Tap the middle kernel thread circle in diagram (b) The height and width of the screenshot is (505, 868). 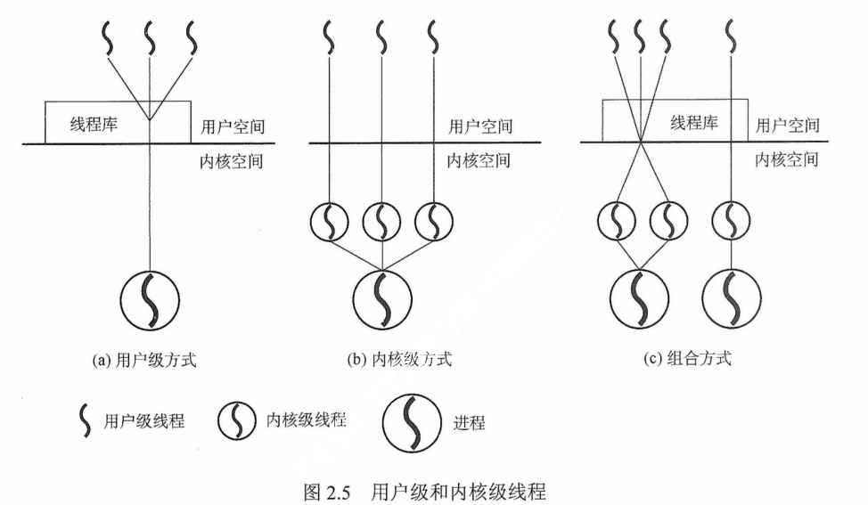381,222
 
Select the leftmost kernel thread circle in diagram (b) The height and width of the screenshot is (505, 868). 329,222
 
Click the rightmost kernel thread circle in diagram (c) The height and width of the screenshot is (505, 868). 732,222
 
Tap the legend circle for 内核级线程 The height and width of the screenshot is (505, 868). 236,421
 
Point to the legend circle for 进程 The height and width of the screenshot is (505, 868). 412,421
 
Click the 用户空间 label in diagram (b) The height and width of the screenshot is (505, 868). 479,126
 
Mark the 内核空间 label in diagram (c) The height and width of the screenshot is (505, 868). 787,160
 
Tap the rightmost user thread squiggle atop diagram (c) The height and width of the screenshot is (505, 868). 732,38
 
